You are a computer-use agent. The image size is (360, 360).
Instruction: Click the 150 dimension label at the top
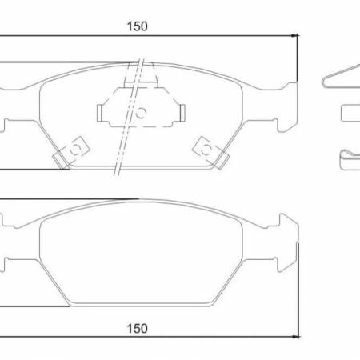[137, 26]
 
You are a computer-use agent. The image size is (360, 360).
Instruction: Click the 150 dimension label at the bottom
[137, 327]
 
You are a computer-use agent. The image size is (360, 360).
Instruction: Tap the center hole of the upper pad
[141, 112]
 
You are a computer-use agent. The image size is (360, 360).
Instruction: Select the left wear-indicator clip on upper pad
[73, 151]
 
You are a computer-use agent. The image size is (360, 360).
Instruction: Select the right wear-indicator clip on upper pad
[208, 150]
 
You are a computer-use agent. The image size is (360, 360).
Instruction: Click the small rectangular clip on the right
[350, 114]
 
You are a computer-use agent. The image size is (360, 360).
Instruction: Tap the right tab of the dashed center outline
[182, 111]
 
